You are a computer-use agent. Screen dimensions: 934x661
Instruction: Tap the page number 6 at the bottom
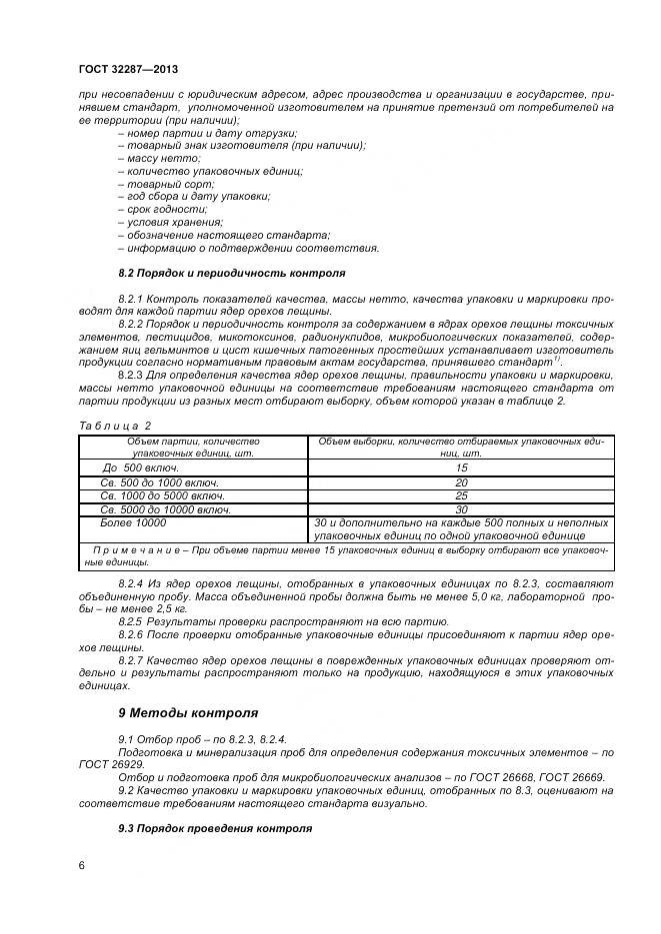pyautogui.click(x=81, y=864)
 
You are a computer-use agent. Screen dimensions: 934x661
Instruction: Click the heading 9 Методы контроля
pyautogui.click(x=188, y=713)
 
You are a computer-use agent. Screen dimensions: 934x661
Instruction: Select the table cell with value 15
pyautogui.click(x=461, y=467)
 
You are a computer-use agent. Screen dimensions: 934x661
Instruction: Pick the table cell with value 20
pyautogui.click(x=461, y=482)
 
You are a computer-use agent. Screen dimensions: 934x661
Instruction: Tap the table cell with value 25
pyautogui.click(x=461, y=495)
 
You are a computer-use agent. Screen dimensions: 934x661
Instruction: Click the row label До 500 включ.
pyautogui.click(x=141, y=467)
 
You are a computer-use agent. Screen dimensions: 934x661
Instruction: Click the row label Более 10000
pyautogui.click(x=133, y=522)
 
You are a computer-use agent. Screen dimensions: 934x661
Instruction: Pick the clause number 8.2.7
pyautogui.click(x=133, y=660)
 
